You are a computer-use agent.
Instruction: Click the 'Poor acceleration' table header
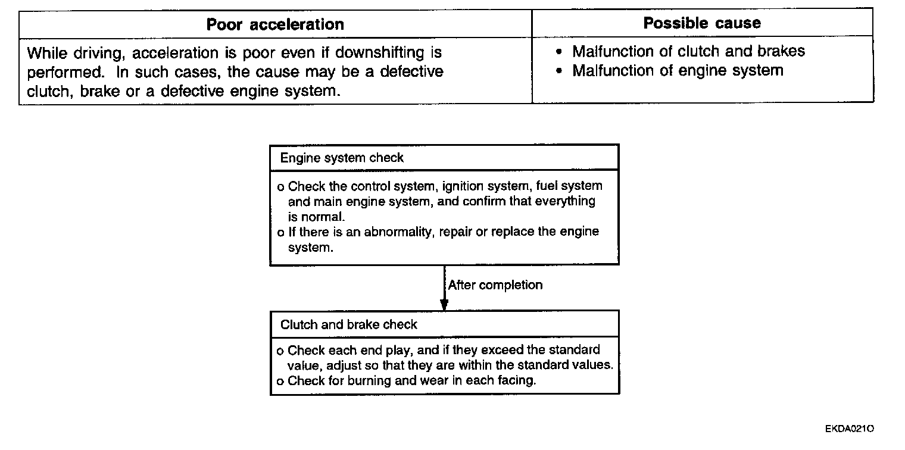pos(275,24)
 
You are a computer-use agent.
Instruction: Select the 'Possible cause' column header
pos(702,23)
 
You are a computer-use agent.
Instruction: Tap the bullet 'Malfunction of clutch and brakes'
pos(688,52)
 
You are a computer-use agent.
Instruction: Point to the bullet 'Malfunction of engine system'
pos(678,71)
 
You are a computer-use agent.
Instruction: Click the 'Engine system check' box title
pos(342,158)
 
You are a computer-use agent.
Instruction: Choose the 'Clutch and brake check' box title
pos(349,325)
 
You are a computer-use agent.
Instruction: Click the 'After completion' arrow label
pos(495,285)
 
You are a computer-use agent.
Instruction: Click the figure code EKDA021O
pos(850,429)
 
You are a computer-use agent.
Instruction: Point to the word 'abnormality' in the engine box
pos(401,232)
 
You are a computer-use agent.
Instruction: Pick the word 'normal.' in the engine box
pos(325,217)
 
